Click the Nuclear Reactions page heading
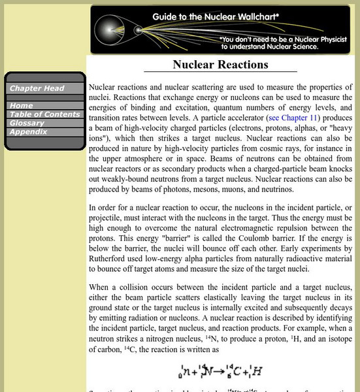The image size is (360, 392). (220, 64)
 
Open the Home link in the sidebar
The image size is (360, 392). (21, 105)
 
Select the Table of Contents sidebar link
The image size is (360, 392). (44, 114)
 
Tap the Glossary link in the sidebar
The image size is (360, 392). (27, 123)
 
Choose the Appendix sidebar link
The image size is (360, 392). (28, 131)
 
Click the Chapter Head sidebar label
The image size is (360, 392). (37, 89)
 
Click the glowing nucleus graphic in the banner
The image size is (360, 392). (108, 30)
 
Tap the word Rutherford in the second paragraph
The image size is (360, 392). (113, 248)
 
